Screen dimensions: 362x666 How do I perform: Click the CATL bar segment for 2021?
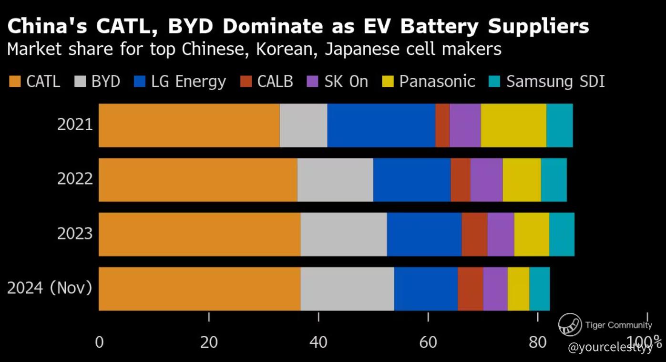point(189,125)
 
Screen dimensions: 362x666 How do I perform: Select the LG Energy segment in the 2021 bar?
point(381,125)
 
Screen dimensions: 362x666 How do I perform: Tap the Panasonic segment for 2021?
point(513,125)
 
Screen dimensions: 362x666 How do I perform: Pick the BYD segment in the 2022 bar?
point(335,180)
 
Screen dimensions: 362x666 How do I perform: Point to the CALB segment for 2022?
point(461,180)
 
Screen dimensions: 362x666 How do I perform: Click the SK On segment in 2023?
point(501,234)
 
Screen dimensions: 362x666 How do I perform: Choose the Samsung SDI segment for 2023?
point(562,234)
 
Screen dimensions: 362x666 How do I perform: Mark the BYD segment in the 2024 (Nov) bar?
point(348,289)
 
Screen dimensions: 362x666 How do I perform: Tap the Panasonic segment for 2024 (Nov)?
point(518,289)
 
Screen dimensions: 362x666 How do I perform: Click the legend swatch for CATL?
point(15,82)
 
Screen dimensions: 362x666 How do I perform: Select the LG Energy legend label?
point(188,82)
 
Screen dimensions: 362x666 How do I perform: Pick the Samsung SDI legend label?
point(555,82)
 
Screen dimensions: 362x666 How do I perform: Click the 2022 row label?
point(74,180)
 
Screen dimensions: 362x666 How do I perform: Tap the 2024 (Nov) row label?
point(50,289)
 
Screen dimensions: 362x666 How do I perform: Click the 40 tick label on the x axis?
point(318,342)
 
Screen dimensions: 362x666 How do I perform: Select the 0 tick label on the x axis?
point(99,342)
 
